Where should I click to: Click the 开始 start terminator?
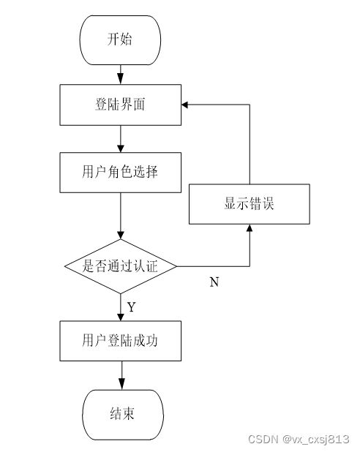pyautogui.click(x=120, y=40)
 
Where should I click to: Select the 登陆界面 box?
pyautogui.click(x=120, y=105)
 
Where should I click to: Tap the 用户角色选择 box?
pyautogui.click(x=120, y=173)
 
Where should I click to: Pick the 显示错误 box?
pyautogui.click(x=250, y=204)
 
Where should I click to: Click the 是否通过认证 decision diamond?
pyautogui.click(x=120, y=266)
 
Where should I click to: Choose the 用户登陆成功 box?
pyautogui.click(x=120, y=341)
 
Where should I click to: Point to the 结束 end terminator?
pyautogui.click(x=123, y=415)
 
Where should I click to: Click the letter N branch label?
pyautogui.click(x=214, y=282)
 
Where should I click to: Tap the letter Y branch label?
pyautogui.click(x=131, y=307)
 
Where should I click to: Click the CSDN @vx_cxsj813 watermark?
pyautogui.click(x=299, y=440)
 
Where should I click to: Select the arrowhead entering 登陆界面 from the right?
pyautogui.click(x=185, y=105)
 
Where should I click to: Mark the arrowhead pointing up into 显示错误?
pyautogui.click(x=250, y=228)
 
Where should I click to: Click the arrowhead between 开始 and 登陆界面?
pyautogui.click(x=120, y=78)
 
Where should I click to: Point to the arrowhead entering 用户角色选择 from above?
pyautogui.click(x=120, y=148)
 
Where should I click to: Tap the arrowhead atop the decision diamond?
pyautogui.click(x=120, y=235)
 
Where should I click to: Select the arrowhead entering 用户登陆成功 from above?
pyautogui.click(x=120, y=317)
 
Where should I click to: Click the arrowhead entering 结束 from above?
pyautogui.click(x=121, y=384)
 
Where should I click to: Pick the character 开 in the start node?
pyautogui.click(x=113, y=39)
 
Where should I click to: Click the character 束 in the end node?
pyautogui.click(x=129, y=413)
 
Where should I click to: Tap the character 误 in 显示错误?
pyautogui.click(x=268, y=203)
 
